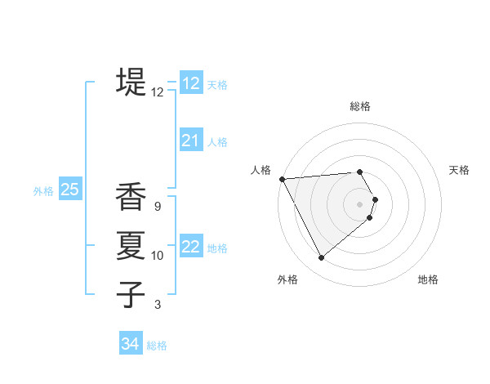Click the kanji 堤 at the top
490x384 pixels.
coord(131,83)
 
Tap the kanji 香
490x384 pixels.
coord(131,198)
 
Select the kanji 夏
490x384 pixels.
coord(131,245)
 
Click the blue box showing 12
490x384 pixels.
coord(191,83)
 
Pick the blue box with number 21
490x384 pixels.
coord(191,141)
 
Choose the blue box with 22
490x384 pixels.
coord(191,247)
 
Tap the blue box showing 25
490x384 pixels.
coord(70,190)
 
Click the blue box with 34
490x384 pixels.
coord(131,344)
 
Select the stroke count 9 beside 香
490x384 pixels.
coord(157,207)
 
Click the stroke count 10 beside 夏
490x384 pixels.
coord(157,256)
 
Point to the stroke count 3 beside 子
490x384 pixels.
coord(158,305)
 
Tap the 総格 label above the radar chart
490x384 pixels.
coord(360,107)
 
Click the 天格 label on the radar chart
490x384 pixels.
coord(459,170)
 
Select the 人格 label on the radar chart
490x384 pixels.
coord(261,170)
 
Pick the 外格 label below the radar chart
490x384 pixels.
coord(287,279)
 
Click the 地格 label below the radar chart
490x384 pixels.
coord(428,279)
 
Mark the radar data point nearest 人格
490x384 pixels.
coord(282,178)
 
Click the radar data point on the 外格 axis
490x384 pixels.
coord(321,258)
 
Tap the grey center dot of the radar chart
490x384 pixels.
coord(360,203)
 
